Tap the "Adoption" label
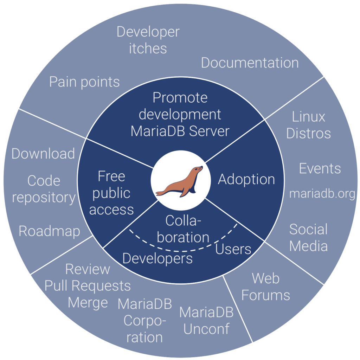pyautogui.click(x=246, y=180)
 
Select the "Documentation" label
pyautogui.click(x=250, y=63)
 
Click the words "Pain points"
pyautogui.click(x=84, y=82)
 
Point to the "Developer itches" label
pyautogui.click(x=148, y=40)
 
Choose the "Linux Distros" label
pyautogui.click(x=309, y=125)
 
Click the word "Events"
pyautogui.click(x=320, y=168)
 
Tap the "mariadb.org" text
pyautogui.click(x=322, y=194)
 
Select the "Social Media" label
pyautogui.click(x=308, y=238)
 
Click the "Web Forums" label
pyautogui.click(x=266, y=287)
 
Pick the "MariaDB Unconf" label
pyautogui.click(x=206, y=321)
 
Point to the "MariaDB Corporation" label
pyautogui.click(x=145, y=321)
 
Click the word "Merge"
pyautogui.click(x=88, y=303)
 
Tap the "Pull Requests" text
pyautogui.click(x=88, y=286)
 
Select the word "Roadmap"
pyautogui.click(x=49, y=231)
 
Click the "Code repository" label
pyautogui.click(x=44, y=189)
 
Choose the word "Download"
pyautogui.click(x=43, y=153)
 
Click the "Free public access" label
pyautogui.click(x=111, y=193)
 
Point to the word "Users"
pyautogui.click(x=233, y=249)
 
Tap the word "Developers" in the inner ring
pyautogui.click(x=157, y=259)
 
